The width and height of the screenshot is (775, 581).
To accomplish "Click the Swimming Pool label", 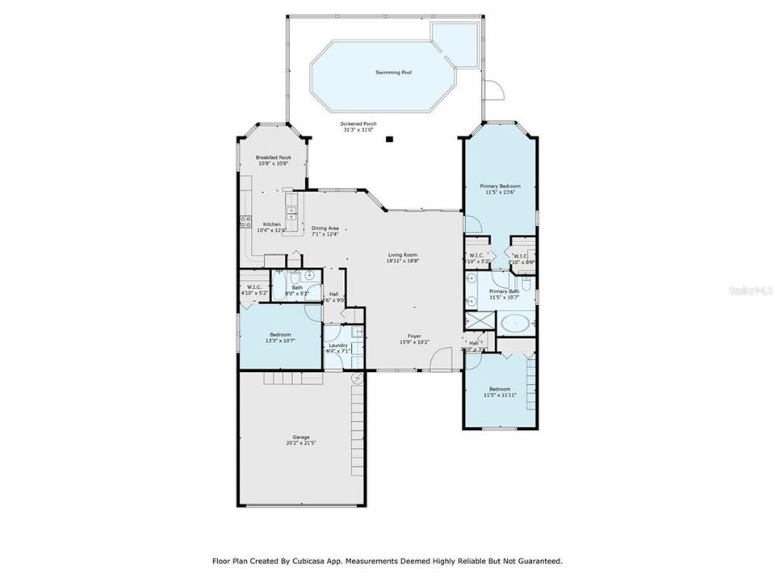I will pos(393,73).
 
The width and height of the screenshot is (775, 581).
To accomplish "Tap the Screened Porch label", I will pos(359,124).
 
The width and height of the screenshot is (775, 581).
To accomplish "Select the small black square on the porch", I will pos(389,139).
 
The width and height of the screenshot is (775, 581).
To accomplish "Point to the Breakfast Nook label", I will pos(273,157).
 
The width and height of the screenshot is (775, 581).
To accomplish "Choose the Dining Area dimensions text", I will pos(325,234).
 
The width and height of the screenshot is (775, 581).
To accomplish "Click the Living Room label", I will pos(401,255).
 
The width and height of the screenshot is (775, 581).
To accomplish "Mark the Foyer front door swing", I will pos(440,362).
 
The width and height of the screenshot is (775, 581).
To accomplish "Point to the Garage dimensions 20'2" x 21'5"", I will pos(300,443).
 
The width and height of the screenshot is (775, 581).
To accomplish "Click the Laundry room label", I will pos(338,345).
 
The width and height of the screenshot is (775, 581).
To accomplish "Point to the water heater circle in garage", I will pos(354,377).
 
